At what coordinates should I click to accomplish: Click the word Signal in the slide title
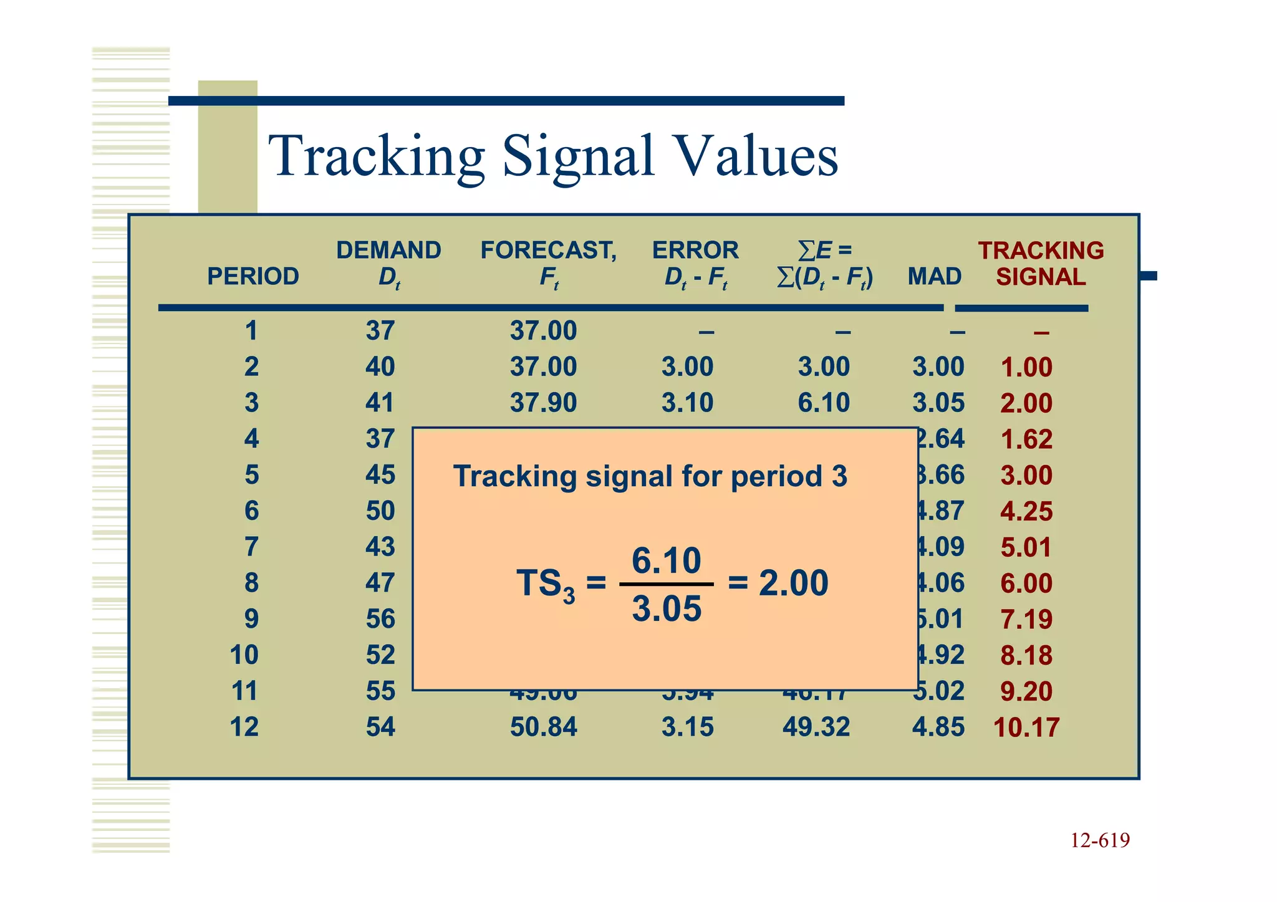[x=578, y=156]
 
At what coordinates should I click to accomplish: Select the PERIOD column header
[x=253, y=276]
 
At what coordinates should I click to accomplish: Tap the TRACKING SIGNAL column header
[x=1040, y=264]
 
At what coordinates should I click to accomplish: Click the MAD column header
[x=934, y=276]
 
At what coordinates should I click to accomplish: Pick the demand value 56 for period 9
[x=380, y=619]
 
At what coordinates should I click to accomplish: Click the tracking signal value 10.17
[x=1026, y=727]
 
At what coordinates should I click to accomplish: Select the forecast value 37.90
[x=543, y=403]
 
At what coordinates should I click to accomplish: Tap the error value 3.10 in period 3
[x=687, y=403]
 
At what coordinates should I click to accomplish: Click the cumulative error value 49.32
[x=816, y=727]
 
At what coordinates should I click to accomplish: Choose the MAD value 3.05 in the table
[x=938, y=403]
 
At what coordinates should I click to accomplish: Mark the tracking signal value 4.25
[x=1026, y=511]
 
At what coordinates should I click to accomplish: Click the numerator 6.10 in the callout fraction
[x=666, y=560]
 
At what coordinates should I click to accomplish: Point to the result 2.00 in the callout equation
[x=793, y=583]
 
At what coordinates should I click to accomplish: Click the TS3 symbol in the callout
[x=546, y=585]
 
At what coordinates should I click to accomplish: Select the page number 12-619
[x=1099, y=840]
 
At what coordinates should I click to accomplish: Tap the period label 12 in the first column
[x=244, y=727]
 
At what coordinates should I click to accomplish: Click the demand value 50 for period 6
[x=380, y=511]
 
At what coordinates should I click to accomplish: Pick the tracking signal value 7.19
[x=1026, y=619]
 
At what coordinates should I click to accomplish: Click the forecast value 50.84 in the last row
[x=543, y=727]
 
